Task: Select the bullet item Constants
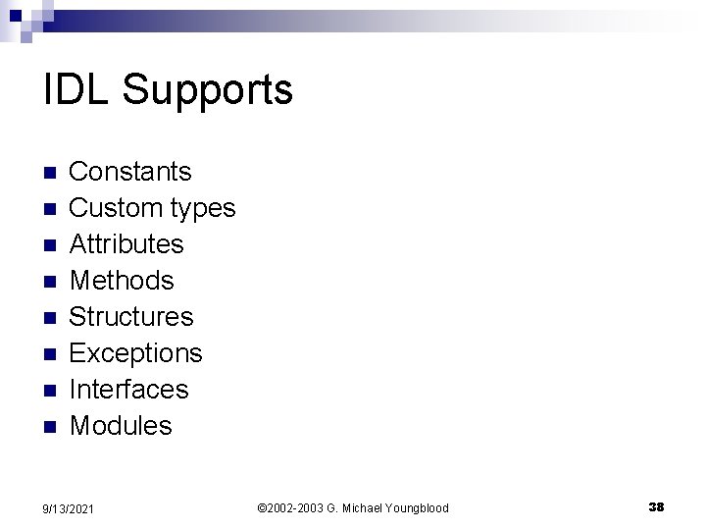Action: coord(130,172)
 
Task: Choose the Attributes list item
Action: coord(126,244)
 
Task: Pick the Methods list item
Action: coord(122,281)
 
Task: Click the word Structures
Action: coord(131,317)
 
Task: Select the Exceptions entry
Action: coord(135,353)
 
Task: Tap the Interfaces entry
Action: coord(128,390)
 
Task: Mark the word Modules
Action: coord(121,426)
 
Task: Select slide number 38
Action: coord(656,506)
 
